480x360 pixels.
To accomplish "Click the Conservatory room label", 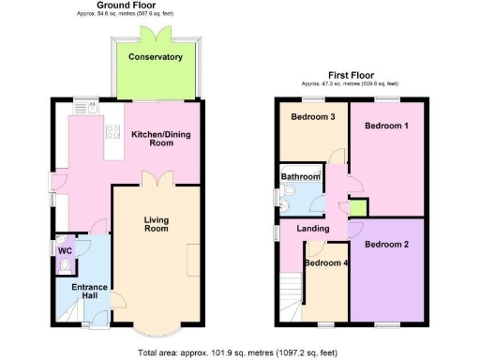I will tap(156, 57).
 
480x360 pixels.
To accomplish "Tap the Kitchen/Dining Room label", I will tap(160, 140).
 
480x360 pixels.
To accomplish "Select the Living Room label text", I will tap(156, 225).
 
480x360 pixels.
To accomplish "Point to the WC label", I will tap(64, 250).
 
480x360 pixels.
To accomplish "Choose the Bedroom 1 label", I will tap(386, 125).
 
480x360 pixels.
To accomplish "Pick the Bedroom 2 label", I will tap(386, 245).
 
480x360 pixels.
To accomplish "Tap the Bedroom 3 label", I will tap(311, 117).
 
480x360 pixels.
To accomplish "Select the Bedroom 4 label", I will tap(326, 262).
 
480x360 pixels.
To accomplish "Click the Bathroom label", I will tap(301, 175).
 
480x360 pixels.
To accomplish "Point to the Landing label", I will tap(311, 229).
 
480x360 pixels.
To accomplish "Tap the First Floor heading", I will tap(352, 74).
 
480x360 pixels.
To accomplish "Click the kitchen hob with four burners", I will tap(112, 132).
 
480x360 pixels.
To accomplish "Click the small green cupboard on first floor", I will tap(358, 206).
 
